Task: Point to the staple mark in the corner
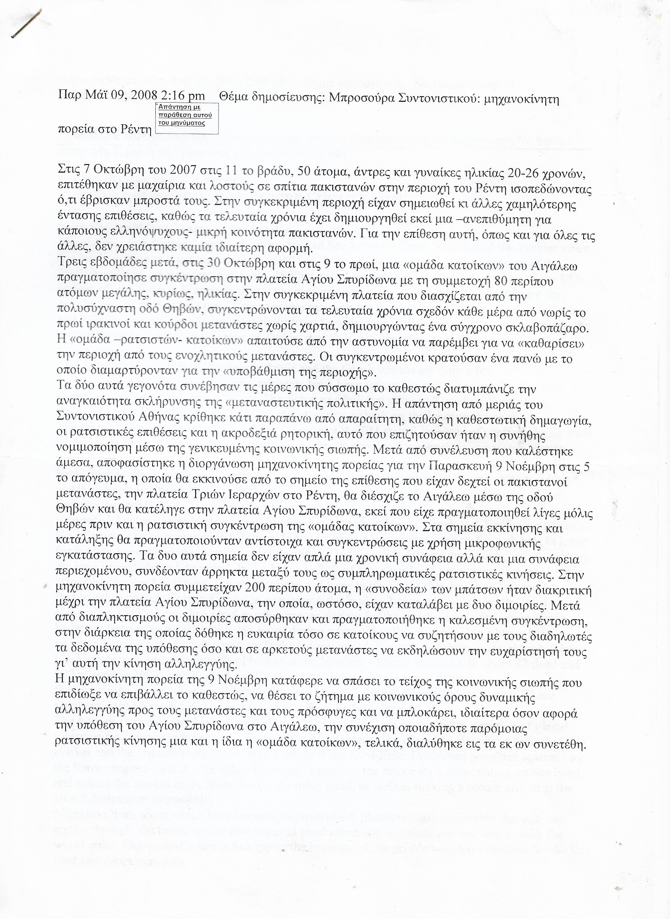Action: pos(26,24)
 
